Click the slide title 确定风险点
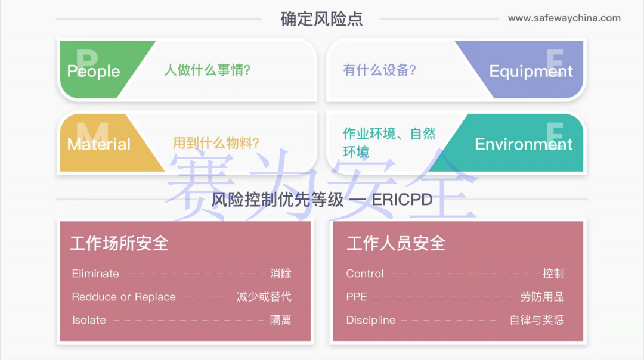click(321, 18)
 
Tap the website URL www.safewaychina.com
click(564, 18)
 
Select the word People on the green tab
click(94, 72)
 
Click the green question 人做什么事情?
click(208, 70)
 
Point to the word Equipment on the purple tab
click(531, 72)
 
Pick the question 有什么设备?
click(379, 70)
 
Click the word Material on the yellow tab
click(99, 144)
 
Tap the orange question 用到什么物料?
click(216, 143)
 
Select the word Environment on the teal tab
click(524, 144)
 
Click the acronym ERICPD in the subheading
click(402, 200)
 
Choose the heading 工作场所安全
click(119, 243)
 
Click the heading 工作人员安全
click(396, 243)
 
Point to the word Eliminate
click(95, 274)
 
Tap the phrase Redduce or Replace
click(124, 297)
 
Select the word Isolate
click(89, 320)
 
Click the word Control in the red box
click(365, 274)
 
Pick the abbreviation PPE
click(357, 297)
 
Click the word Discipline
click(371, 320)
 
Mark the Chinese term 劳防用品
click(542, 297)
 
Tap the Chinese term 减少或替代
click(264, 297)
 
